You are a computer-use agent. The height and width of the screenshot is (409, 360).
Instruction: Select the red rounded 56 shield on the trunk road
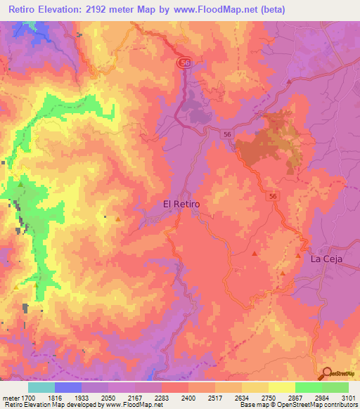185,63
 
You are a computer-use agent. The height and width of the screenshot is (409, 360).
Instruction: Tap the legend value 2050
108,398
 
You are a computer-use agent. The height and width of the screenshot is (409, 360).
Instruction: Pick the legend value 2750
268,398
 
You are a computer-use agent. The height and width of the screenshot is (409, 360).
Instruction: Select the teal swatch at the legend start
41,387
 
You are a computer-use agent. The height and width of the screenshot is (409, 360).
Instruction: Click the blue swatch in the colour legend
67,387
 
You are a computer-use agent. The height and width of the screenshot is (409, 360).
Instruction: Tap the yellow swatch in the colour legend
281,387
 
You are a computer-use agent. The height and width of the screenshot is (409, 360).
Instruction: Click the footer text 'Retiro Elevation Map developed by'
51,405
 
